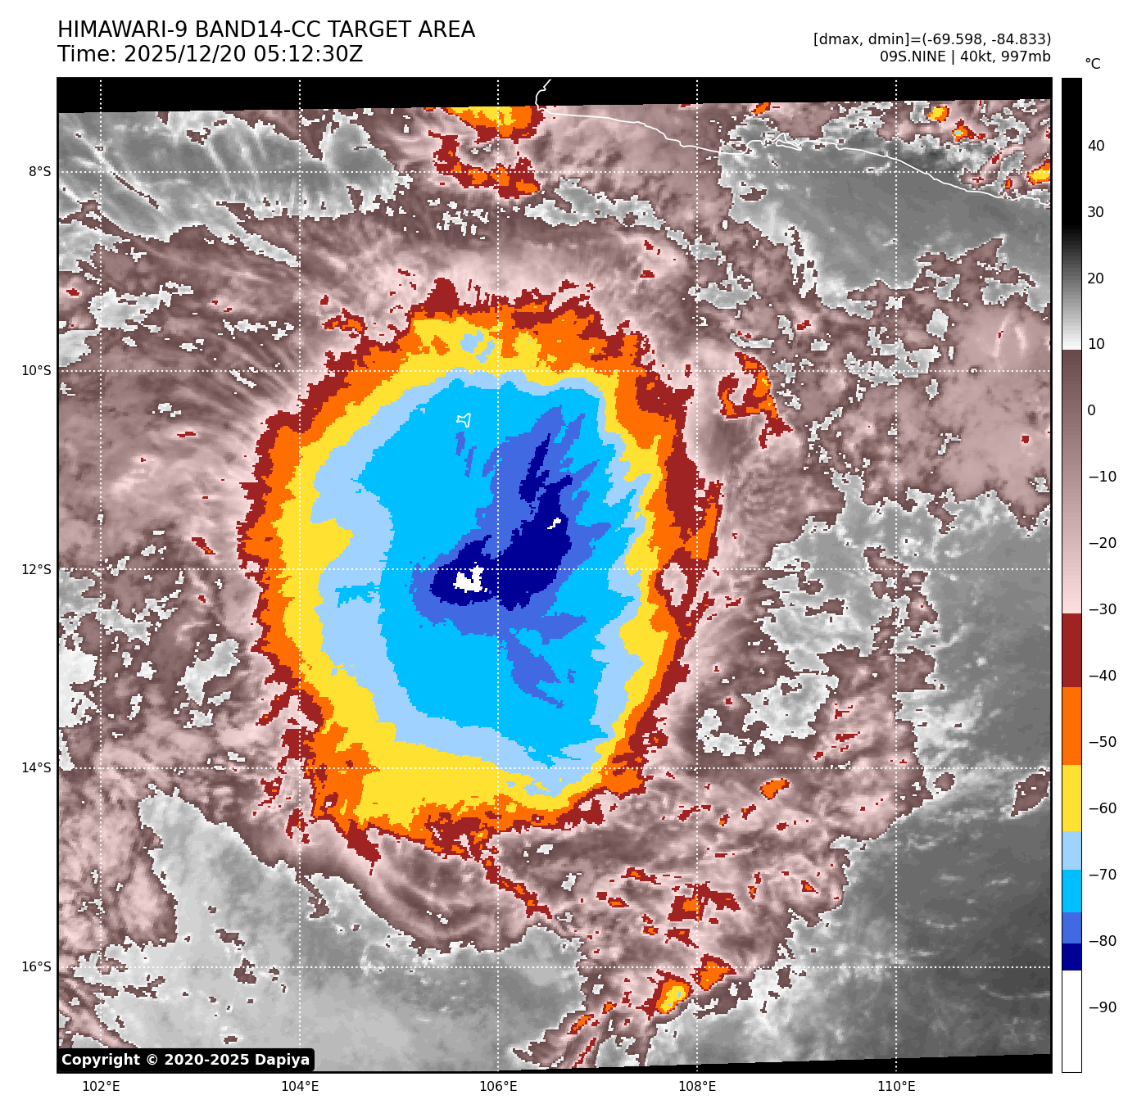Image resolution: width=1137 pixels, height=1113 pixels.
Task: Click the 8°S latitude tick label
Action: click(39, 172)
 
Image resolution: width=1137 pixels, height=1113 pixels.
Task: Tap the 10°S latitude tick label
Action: click(36, 371)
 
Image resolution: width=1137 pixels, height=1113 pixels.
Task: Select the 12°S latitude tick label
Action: click(36, 570)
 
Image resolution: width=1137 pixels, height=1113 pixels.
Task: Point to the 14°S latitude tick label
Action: click(36, 768)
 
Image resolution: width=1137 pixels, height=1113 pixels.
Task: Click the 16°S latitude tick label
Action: click(36, 967)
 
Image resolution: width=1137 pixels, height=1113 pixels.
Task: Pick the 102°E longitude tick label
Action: click(102, 1087)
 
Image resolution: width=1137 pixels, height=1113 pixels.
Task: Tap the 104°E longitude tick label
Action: click(300, 1087)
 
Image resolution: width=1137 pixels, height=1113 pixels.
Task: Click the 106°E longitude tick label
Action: click(498, 1087)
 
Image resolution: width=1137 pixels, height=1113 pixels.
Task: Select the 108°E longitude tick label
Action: click(697, 1087)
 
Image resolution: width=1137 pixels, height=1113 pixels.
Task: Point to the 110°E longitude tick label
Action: click(896, 1087)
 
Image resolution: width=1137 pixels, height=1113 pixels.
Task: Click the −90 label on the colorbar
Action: click(1102, 1007)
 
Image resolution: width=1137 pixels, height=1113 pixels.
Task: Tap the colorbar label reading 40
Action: click(1096, 147)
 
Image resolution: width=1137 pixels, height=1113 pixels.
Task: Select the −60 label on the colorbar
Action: click(1102, 808)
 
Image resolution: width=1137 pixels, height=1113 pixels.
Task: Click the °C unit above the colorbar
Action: click(1093, 64)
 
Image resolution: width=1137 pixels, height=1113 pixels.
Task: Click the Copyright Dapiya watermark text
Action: click(186, 1060)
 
